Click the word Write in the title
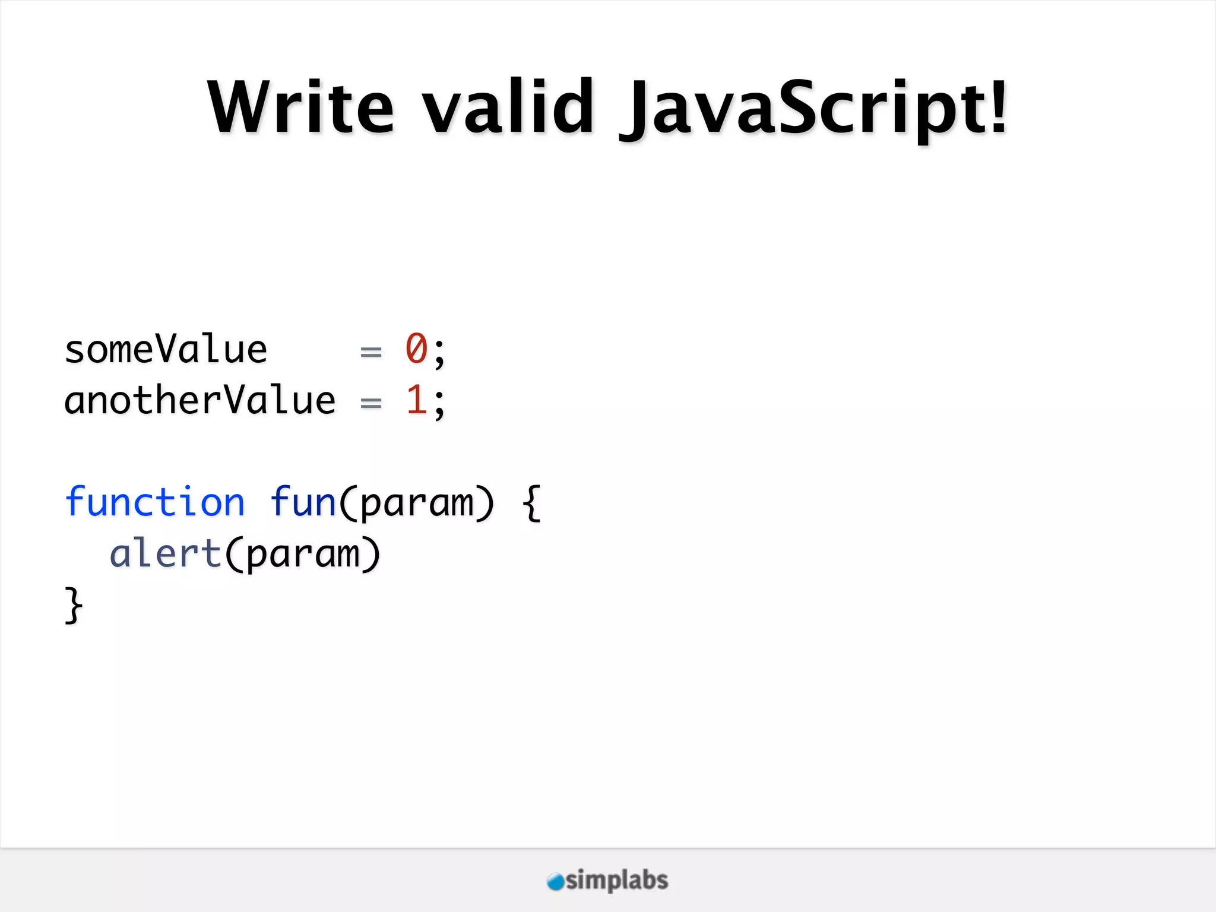click(x=300, y=108)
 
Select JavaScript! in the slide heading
click(x=813, y=110)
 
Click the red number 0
click(x=416, y=349)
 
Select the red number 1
click(x=416, y=400)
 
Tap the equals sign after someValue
click(x=371, y=352)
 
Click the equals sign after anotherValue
click(x=371, y=403)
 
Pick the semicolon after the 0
click(x=439, y=353)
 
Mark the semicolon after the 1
click(x=439, y=404)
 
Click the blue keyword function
click(x=154, y=502)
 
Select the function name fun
click(x=303, y=502)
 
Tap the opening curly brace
click(x=532, y=503)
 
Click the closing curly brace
click(x=73, y=605)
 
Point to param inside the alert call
click(x=303, y=556)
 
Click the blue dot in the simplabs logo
click(x=555, y=882)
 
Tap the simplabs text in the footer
click(x=617, y=881)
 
